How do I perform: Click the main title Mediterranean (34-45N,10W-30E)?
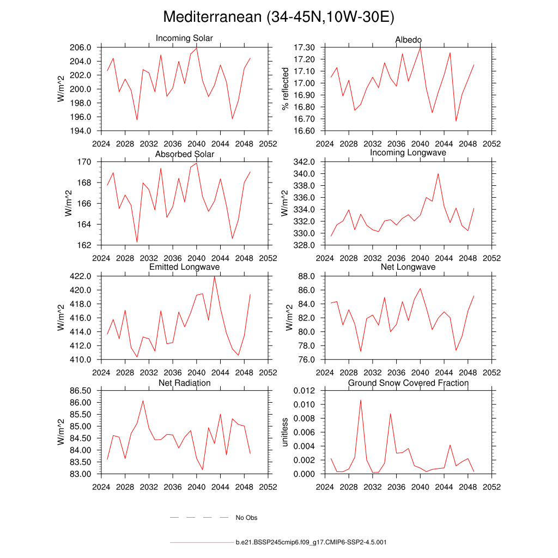coord(278,17)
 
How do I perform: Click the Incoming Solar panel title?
coord(184,38)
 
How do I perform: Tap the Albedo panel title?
coord(408,40)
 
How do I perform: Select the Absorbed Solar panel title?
coord(184,154)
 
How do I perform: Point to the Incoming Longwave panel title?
coord(408,153)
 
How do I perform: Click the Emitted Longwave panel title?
coord(184,267)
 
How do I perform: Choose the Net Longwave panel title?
coord(408,267)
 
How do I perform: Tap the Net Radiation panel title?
coord(184,383)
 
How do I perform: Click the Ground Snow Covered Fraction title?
coord(408,383)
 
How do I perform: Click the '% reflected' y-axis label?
coord(284,89)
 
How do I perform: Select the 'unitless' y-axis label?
coord(284,432)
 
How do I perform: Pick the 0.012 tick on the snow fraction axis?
coord(305,391)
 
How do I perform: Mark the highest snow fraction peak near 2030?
coord(360,400)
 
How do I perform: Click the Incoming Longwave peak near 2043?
coord(438,173)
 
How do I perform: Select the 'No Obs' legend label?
coord(246,518)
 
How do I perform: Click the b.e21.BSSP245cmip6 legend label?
coord(311,543)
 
